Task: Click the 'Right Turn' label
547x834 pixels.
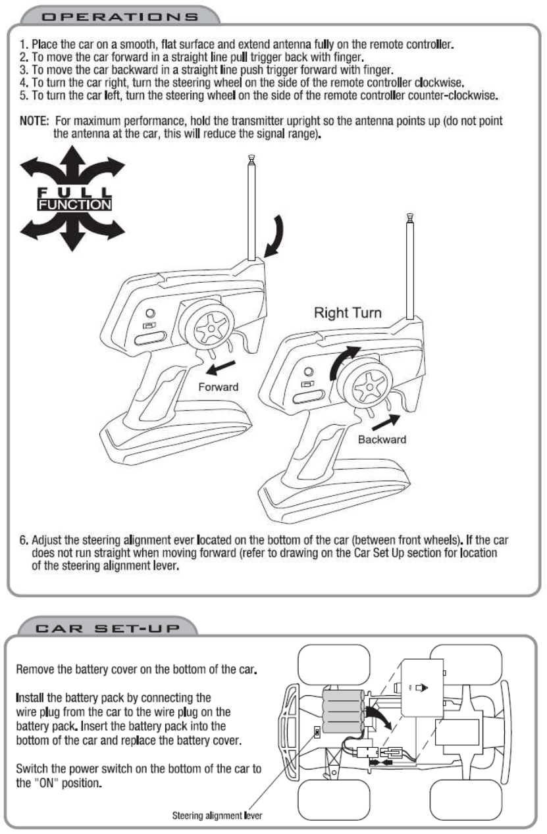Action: (348, 313)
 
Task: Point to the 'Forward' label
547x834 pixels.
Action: (219, 387)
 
